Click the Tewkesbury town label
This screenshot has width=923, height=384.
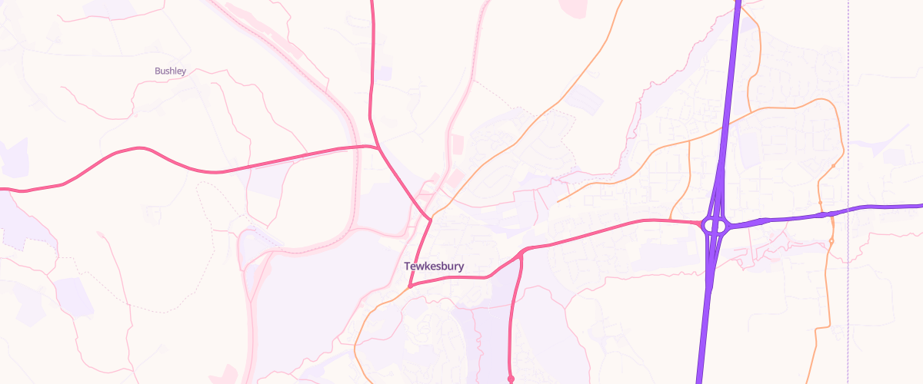pos(435,266)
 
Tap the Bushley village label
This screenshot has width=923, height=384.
pos(170,71)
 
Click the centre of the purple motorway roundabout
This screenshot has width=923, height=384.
pos(715,226)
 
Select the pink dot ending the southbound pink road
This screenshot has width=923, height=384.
pos(511,379)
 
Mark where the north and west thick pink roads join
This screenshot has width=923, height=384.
pos(378,146)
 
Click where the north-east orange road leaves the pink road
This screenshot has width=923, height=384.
pos(431,219)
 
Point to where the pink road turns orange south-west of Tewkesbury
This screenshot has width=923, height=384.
pos(409,286)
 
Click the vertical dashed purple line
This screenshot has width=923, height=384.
pos(848,115)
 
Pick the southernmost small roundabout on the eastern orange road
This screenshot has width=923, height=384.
pos(831,242)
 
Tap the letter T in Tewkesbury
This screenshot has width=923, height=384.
pos(407,266)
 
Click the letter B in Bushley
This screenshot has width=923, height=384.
pos(158,71)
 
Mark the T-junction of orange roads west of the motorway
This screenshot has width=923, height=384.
pos(689,141)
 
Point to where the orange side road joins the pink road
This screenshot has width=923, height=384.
pos(671,220)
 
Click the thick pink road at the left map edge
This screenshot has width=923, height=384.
pos(2,187)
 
